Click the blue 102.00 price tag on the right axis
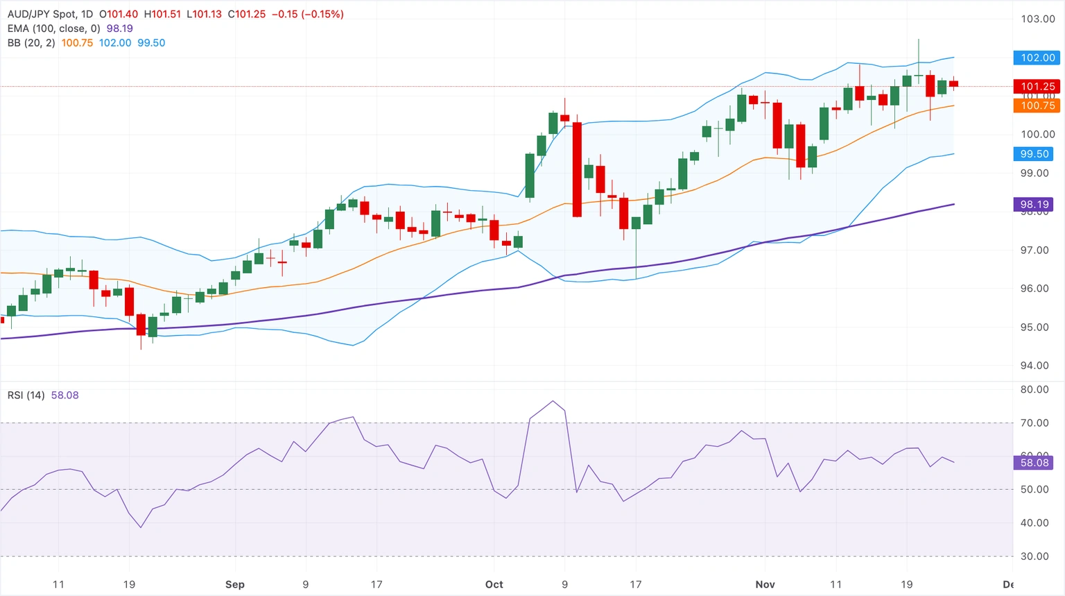click(x=1037, y=58)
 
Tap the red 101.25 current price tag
click(x=1037, y=87)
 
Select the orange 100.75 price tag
click(x=1037, y=105)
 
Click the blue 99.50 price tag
click(x=1034, y=154)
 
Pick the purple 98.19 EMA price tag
click(x=1034, y=205)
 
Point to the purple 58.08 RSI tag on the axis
click(x=1034, y=463)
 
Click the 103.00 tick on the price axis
click(x=1037, y=19)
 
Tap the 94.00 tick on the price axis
click(x=1034, y=366)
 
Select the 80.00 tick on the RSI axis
click(x=1034, y=389)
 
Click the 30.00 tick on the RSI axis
click(x=1034, y=556)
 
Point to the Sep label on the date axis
click(x=235, y=584)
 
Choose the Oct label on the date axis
click(x=494, y=584)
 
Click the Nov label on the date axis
click(x=765, y=584)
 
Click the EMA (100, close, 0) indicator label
click(x=54, y=28)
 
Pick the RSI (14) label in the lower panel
click(x=26, y=395)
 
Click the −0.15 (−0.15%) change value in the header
click(x=307, y=14)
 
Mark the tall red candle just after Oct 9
click(x=577, y=169)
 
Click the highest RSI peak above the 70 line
click(x=553, y=401)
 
